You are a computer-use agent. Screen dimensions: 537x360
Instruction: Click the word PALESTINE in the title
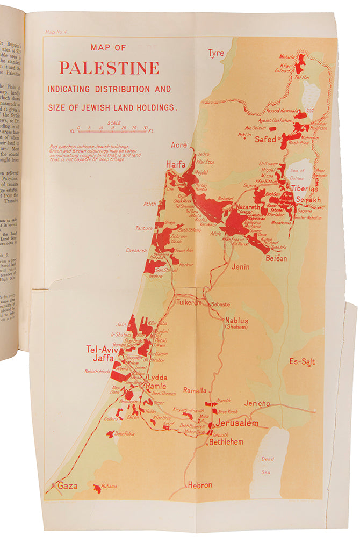(x=109, y=68)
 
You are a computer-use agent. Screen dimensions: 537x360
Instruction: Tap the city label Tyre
(x=216, y=53)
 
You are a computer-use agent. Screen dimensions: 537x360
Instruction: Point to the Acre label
(x=178, y=145)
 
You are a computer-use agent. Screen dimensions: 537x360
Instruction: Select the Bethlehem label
(x=226, y=442)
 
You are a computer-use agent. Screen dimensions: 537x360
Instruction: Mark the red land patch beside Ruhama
(x=97, y=488)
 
